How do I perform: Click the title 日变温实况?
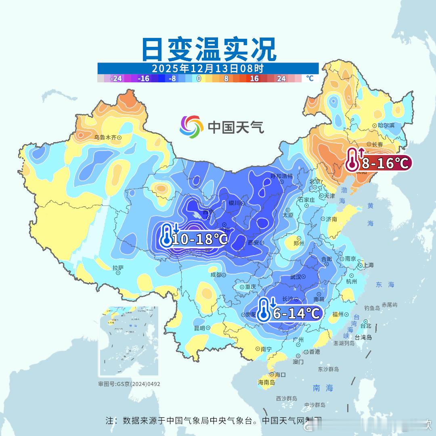[x=209, y=49]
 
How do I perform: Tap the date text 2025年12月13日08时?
[x=208, y=68]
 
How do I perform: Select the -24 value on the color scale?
[x=116, y=79]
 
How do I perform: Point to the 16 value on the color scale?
[x=254, y=79]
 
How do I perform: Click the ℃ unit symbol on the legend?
[x=309, y=78]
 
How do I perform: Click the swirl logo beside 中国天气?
[x=191, y=126]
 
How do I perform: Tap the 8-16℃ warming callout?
[x=379, y=163]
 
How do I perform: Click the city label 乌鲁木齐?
[x=105, y=138]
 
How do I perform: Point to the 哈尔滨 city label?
[x=386, y=126]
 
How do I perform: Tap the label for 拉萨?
[x=118, y=268]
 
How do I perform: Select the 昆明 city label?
[x=200, y=328]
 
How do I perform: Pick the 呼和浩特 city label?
[x=281, y=176]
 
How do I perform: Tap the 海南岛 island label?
[x=266, y=382]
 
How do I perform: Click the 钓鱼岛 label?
[x=372, y=308]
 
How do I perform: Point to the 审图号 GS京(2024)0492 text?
[x=129, y=384]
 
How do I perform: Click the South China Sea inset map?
[x=129, y=341]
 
